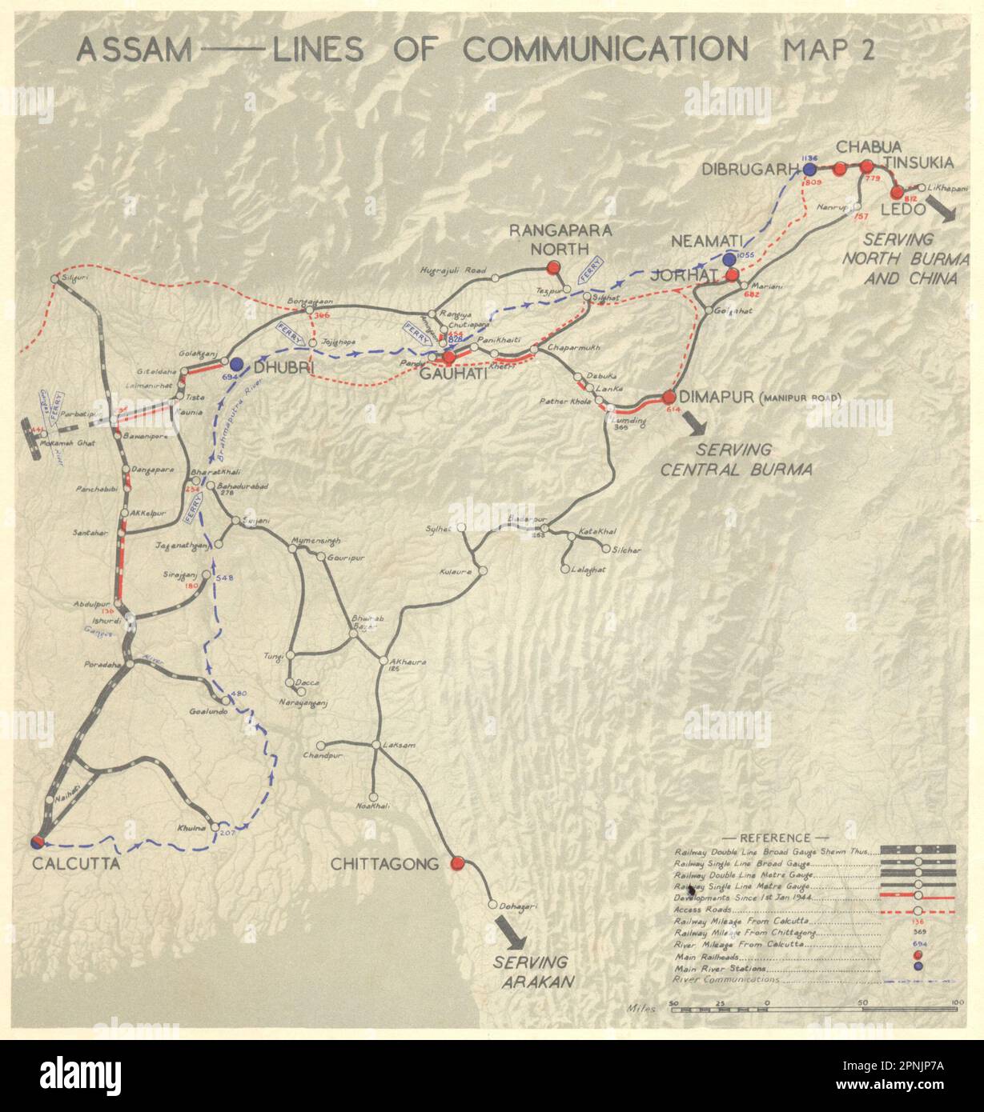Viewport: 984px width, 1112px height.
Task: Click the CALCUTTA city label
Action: (76, 864)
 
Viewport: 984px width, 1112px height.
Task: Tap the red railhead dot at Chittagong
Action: (457, 863)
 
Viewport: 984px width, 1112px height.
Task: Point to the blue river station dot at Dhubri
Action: (237, 364)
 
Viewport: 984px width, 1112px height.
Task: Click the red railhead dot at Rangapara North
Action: (552, 267)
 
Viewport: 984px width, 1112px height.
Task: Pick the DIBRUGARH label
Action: (751, 170)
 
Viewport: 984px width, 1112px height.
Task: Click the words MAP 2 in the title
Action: (829, 50)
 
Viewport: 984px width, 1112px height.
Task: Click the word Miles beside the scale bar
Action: (642, 1009)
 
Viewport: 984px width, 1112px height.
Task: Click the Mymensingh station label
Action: (315, 540)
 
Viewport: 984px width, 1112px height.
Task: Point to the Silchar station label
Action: (626, 550)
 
